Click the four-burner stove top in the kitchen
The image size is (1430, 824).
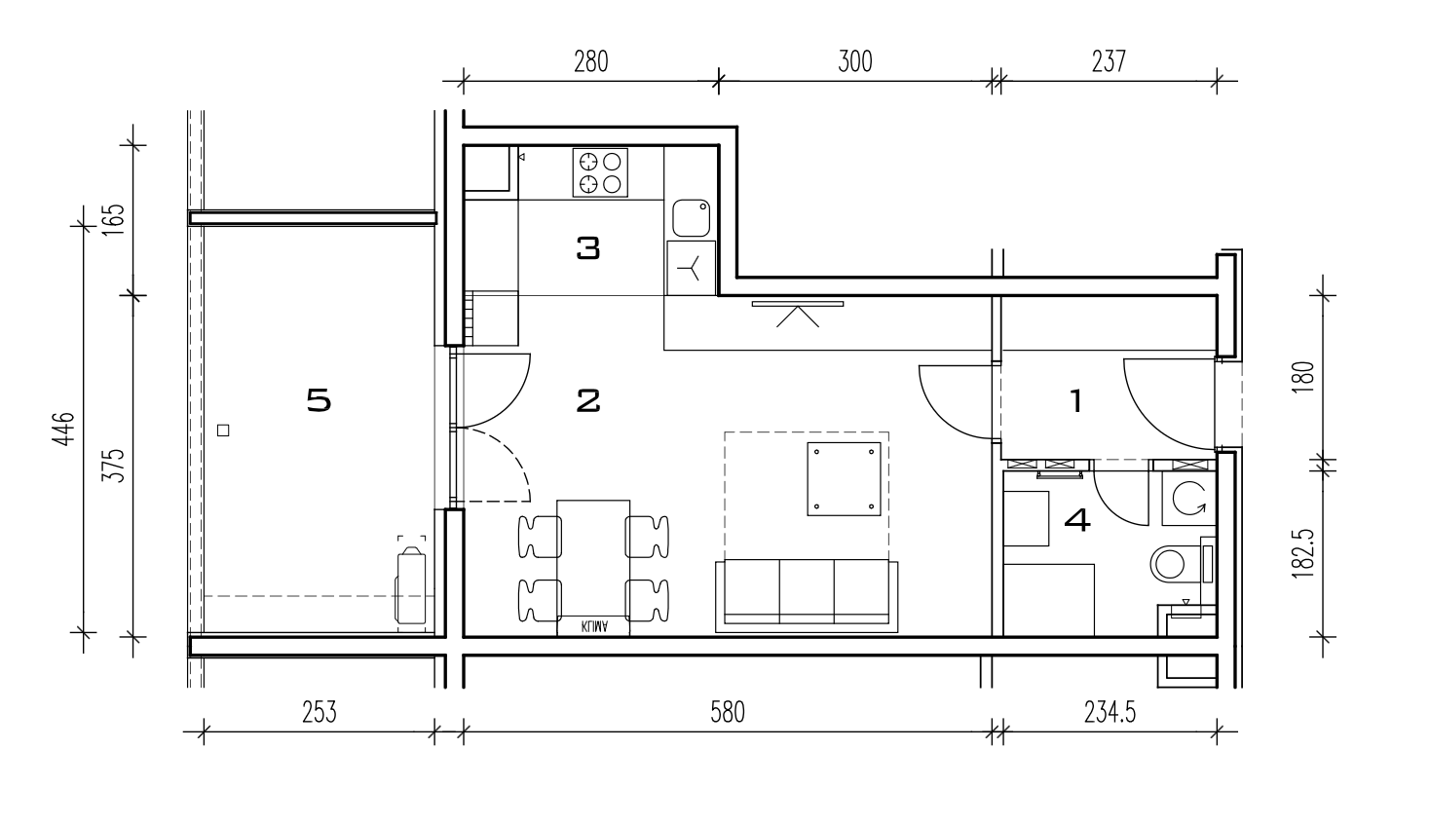pos(600,172)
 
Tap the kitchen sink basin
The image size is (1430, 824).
pos(691,217)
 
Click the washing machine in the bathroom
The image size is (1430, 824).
pos(1188,498)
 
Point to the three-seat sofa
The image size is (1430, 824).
pos(807,596)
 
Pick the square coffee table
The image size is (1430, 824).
pos(844,478)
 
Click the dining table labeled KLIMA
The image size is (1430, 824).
pos(593,568)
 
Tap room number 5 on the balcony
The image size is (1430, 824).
pos(319,401)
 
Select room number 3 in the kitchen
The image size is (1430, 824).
pos(588,248)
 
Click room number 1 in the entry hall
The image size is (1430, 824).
pos(1076,401)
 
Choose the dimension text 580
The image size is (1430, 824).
pos(727,712)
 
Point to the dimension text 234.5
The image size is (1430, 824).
pos(1110,712)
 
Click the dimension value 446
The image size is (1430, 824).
pos(64,429)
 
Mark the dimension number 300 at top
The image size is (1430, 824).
pos(854,62)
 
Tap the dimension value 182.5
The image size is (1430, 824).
pos(1302,553)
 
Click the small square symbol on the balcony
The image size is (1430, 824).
pos(223,431)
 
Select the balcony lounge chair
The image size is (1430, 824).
pos(411,584)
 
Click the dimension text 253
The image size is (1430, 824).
pos(319,712)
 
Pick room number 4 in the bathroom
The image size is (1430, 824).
pos(1077,520)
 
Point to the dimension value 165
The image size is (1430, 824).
pos(114,219)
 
